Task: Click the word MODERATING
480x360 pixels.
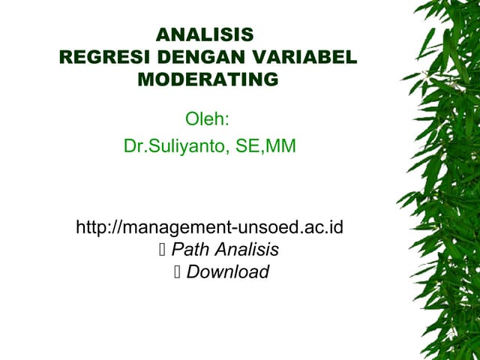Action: tap(208, 79)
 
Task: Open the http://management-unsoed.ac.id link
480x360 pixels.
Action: tap(209, 226)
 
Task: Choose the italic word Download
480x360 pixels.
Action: tap(227, 272)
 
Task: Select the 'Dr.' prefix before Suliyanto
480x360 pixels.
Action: tap(133, 146)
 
